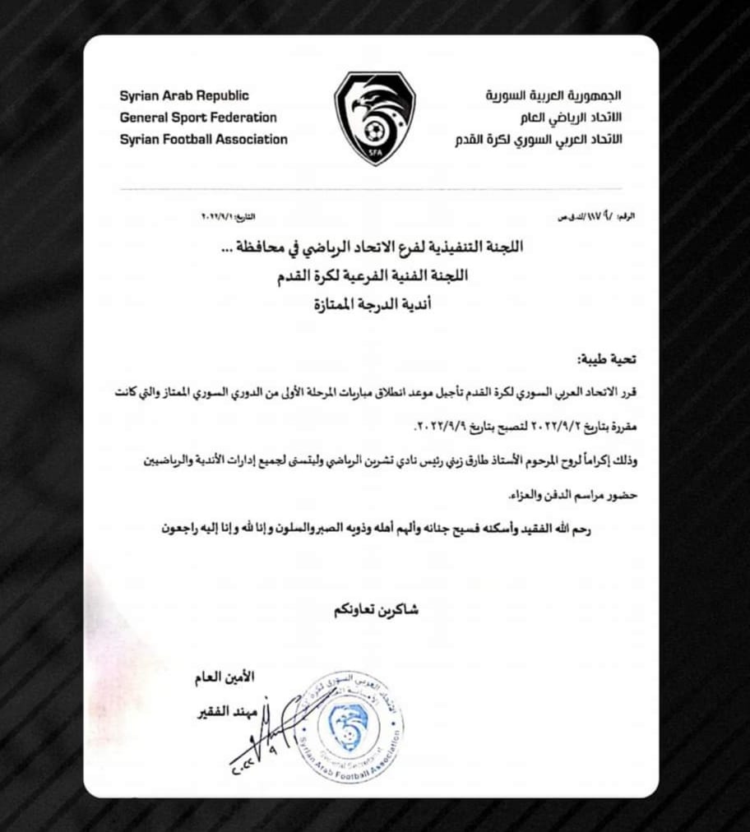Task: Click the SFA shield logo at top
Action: tap(374, 117)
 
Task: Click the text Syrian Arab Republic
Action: tap(184, 96)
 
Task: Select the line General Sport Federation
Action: tap(198, 118)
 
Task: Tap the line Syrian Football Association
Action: tap(203, 139)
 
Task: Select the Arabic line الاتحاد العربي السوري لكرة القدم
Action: tap(539, 140)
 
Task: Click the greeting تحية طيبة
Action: tap(606, 360)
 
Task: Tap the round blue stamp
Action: tap(350, 725)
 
